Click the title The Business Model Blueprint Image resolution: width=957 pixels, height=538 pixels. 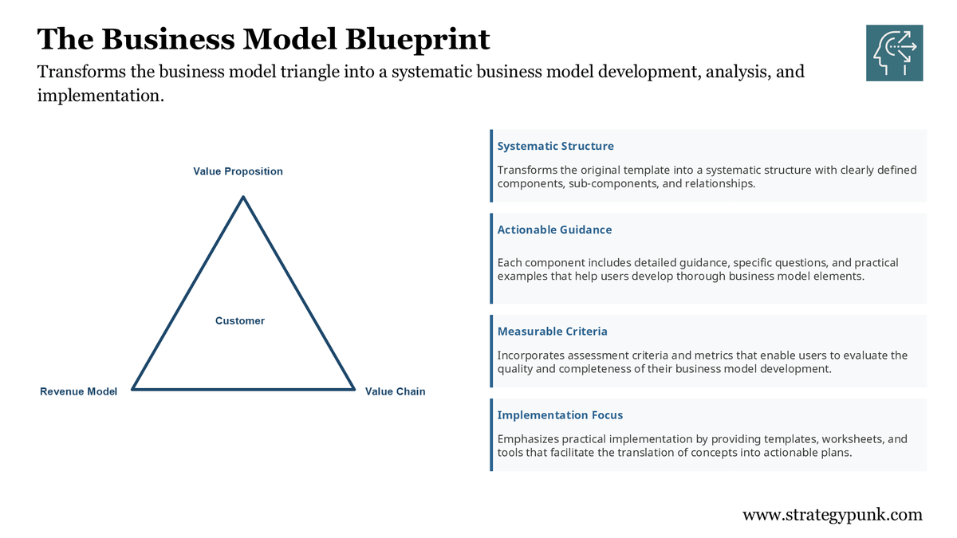[x=263, y=38]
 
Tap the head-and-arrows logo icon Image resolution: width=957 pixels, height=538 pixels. [x=894, y=53]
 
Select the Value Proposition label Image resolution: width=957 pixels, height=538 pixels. [x=238, y=171]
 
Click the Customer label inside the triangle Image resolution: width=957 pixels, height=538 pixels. [x=239, y=320]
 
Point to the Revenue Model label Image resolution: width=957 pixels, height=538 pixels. [x=78, y=391]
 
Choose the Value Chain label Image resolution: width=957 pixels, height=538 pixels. [x=395, y=391]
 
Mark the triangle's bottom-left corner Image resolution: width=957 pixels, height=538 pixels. [x=133, y=389]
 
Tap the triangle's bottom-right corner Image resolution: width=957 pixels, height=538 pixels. [x=353, y=389]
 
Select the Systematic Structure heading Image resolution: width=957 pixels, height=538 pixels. [x=555, y=146]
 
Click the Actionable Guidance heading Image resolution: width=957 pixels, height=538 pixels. [x=554, y=230]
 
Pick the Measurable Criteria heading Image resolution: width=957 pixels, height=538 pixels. [x=552, y=331]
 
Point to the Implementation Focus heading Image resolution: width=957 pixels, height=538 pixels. [x=560, y=414]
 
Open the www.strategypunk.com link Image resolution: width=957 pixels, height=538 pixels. [x=832, y=514]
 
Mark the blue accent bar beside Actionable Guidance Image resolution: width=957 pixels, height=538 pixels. [x=492, y=258]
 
